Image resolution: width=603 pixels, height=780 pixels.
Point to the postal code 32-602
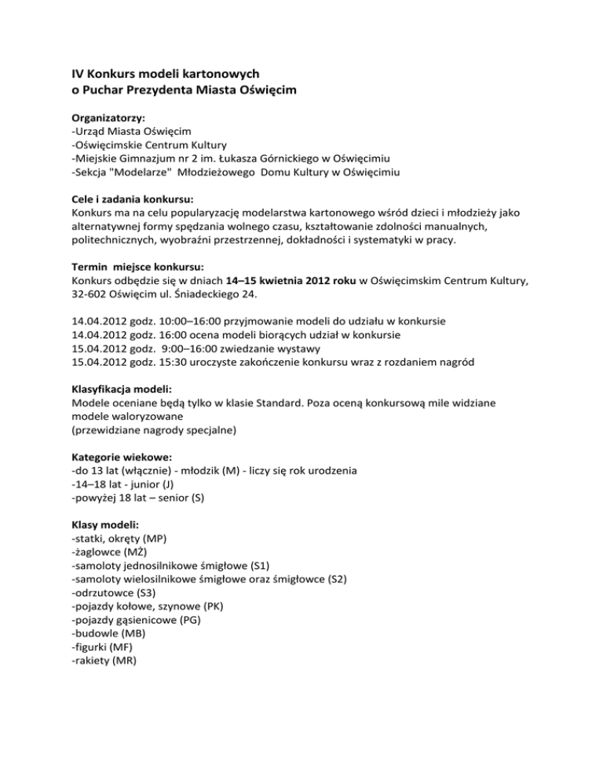pyautogui.click(x=91, y=294)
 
